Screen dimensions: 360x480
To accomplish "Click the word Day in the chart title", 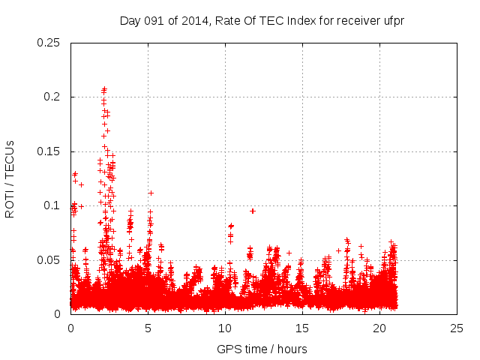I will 130,20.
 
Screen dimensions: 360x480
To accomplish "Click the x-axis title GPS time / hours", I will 262,349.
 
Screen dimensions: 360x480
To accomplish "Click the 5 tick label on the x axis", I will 148,328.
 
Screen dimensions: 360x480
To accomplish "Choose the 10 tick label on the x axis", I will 225,328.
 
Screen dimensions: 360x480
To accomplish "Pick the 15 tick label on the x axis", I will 302,328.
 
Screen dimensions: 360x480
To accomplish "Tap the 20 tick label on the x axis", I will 379,328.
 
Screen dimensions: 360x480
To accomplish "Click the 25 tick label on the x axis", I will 457,328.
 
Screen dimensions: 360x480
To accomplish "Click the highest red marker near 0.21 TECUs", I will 104,89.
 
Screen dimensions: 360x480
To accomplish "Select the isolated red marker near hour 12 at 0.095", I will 253,211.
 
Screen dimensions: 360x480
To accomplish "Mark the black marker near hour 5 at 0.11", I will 151,193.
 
